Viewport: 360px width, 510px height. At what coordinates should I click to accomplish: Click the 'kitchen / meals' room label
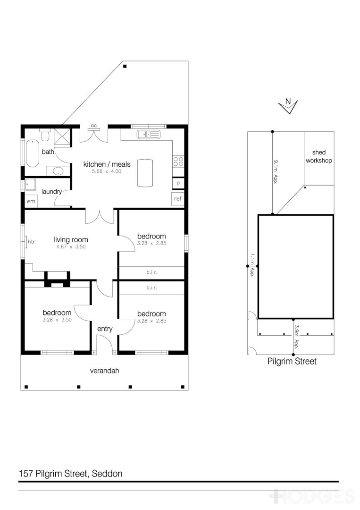click(107, 164)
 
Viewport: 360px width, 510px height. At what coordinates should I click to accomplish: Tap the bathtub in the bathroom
click(32, 153)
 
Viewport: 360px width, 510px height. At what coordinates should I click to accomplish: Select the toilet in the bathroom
click(45, 135)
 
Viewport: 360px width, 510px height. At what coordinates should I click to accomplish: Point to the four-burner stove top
click(178, 161)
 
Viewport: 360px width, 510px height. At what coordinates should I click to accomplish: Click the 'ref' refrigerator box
click(178, 199)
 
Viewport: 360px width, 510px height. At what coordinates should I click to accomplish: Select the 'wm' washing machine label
click(31, 201)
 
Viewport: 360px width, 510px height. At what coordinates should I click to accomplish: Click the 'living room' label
click(71, 240)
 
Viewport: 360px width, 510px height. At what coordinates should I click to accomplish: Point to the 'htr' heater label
click(32, 242)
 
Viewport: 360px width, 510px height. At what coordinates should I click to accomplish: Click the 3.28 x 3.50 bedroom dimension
click(57, 320)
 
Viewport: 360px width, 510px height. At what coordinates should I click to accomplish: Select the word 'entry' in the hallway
click(104, 329)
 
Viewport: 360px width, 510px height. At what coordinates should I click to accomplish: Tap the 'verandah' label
click(104, 371)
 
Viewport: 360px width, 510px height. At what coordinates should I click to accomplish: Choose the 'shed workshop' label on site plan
click(319, 156)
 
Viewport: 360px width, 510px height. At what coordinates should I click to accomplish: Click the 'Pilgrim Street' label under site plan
click(292, 362)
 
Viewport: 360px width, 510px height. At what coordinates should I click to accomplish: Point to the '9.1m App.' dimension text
click(275, 172)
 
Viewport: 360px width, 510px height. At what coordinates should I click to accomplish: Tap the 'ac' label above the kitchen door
click(94, 126)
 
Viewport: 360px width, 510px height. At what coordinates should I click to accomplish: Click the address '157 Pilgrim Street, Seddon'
click(71, 473)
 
